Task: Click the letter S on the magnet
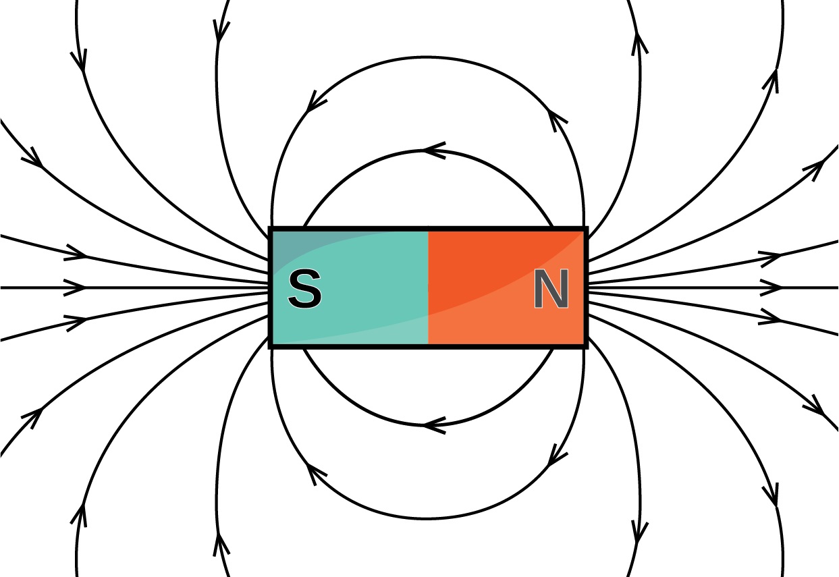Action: tap(305, 290)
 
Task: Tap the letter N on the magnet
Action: tap(551, 290)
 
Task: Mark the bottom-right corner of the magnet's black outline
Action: tap(586, 346)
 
